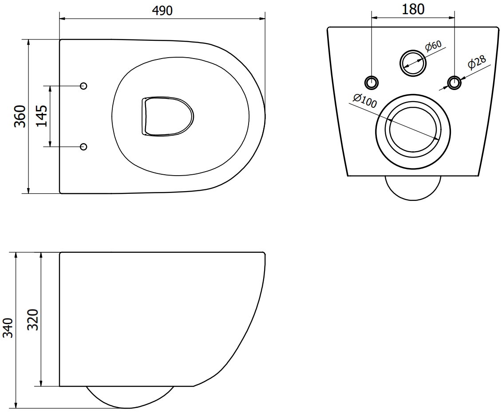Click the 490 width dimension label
(162, 11)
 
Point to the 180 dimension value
(412, 9)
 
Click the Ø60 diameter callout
(433, 46)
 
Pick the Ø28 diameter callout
(477, 63)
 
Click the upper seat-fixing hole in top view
(83, 86)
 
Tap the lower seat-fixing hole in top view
(83, 146)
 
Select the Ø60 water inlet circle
(414, 62)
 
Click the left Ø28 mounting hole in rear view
(372, 82)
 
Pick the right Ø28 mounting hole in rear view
(454, 82)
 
